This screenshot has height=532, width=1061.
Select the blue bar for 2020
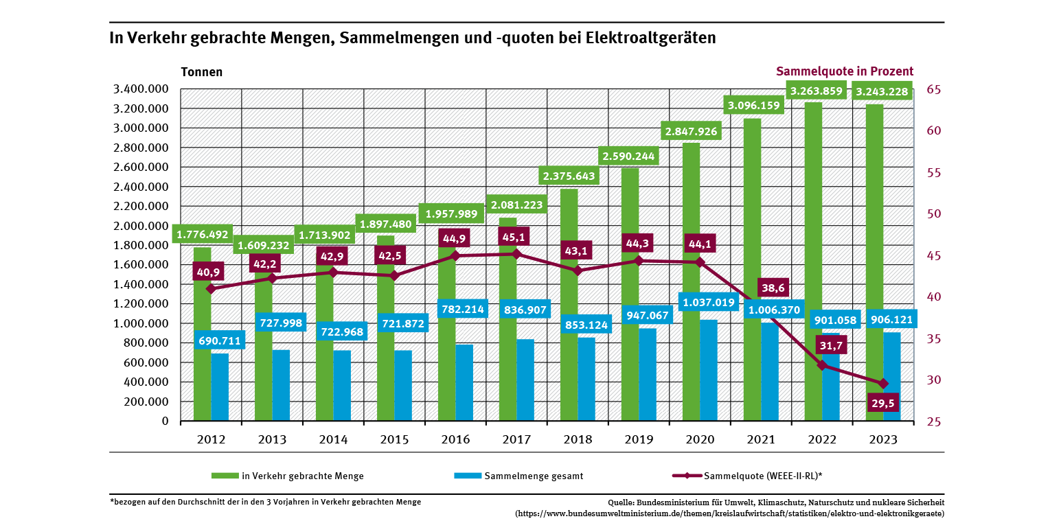(709, 371)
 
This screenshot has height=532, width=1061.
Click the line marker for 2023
(883, 383)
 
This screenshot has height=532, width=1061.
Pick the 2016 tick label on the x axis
(456, 440)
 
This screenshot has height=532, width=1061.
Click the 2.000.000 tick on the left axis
(139, 226)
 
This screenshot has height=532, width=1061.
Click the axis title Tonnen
(201, 72)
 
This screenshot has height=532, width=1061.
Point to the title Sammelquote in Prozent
(844, 71)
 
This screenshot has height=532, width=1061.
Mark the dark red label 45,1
(516, 237)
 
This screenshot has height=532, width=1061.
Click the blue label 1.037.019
(709, 301)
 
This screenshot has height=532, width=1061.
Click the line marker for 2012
(211, 288)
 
